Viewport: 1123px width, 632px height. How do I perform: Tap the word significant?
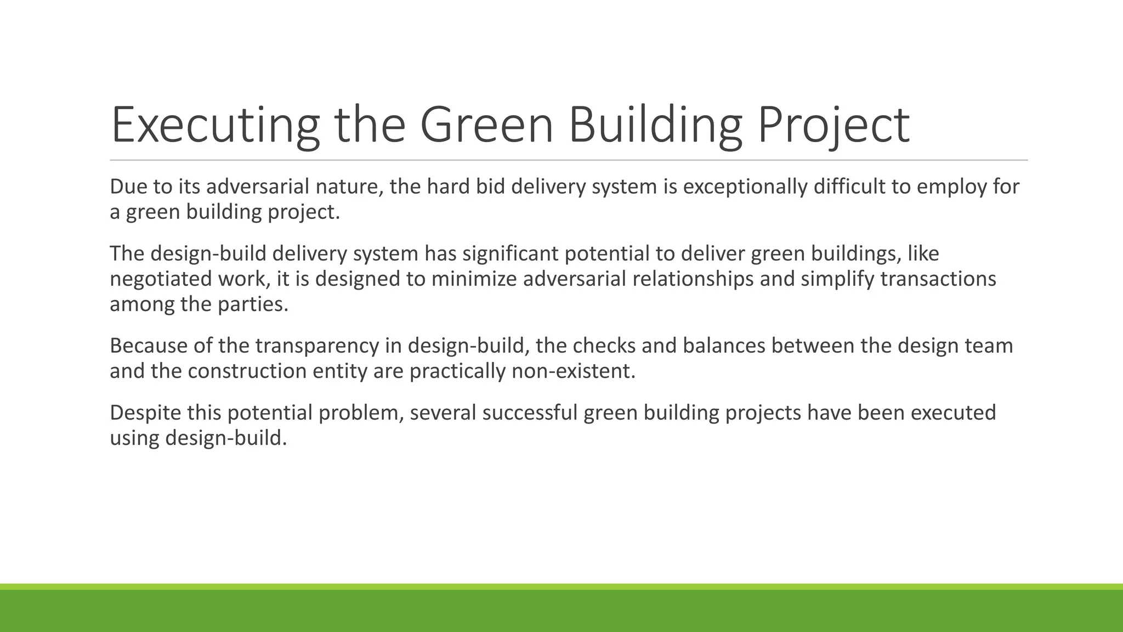point(510,254)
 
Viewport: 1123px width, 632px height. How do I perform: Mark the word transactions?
point(938,279)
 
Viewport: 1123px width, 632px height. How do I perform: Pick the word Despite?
point(145,413)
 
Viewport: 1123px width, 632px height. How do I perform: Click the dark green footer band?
point(561,611)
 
